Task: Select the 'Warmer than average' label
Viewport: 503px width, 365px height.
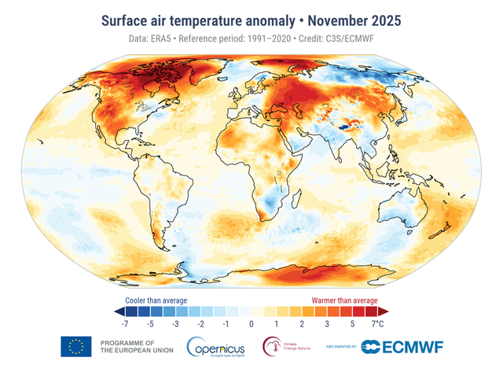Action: click(345, 300)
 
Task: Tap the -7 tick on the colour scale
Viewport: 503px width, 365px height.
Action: click(125, 323)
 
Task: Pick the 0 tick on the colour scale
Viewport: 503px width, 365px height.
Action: click(251, 323)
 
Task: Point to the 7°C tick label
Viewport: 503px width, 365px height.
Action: click(378, 323)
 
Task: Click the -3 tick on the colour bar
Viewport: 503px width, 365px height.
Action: click(176, 323)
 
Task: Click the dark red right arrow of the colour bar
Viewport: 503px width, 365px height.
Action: click(386, 312)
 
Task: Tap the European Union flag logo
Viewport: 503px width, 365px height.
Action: click(76, 346)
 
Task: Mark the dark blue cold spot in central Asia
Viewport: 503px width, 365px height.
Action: click(345, 123)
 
